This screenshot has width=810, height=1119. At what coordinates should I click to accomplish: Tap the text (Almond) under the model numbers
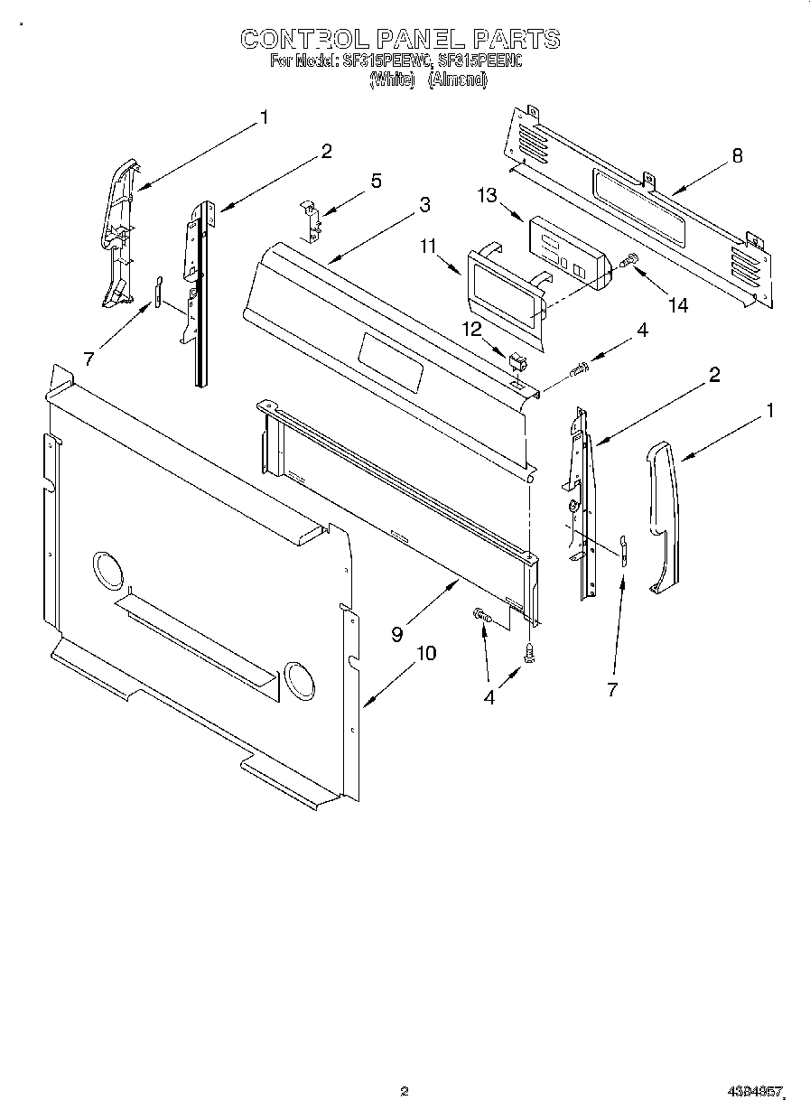tap(457, 79)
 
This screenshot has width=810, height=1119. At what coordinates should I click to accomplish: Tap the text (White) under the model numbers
tap(392, 79)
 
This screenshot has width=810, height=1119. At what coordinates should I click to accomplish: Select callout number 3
tap(424, 204)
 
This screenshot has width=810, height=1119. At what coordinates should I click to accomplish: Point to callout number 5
tap(376, 181)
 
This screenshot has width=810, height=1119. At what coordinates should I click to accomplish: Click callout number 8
tap(737, 155)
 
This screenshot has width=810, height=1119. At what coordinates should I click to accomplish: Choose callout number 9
tap(396, 633)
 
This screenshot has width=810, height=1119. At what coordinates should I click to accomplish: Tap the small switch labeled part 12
tap(517, 362)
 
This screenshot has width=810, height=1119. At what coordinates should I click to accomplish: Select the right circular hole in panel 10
tap(296, 679)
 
